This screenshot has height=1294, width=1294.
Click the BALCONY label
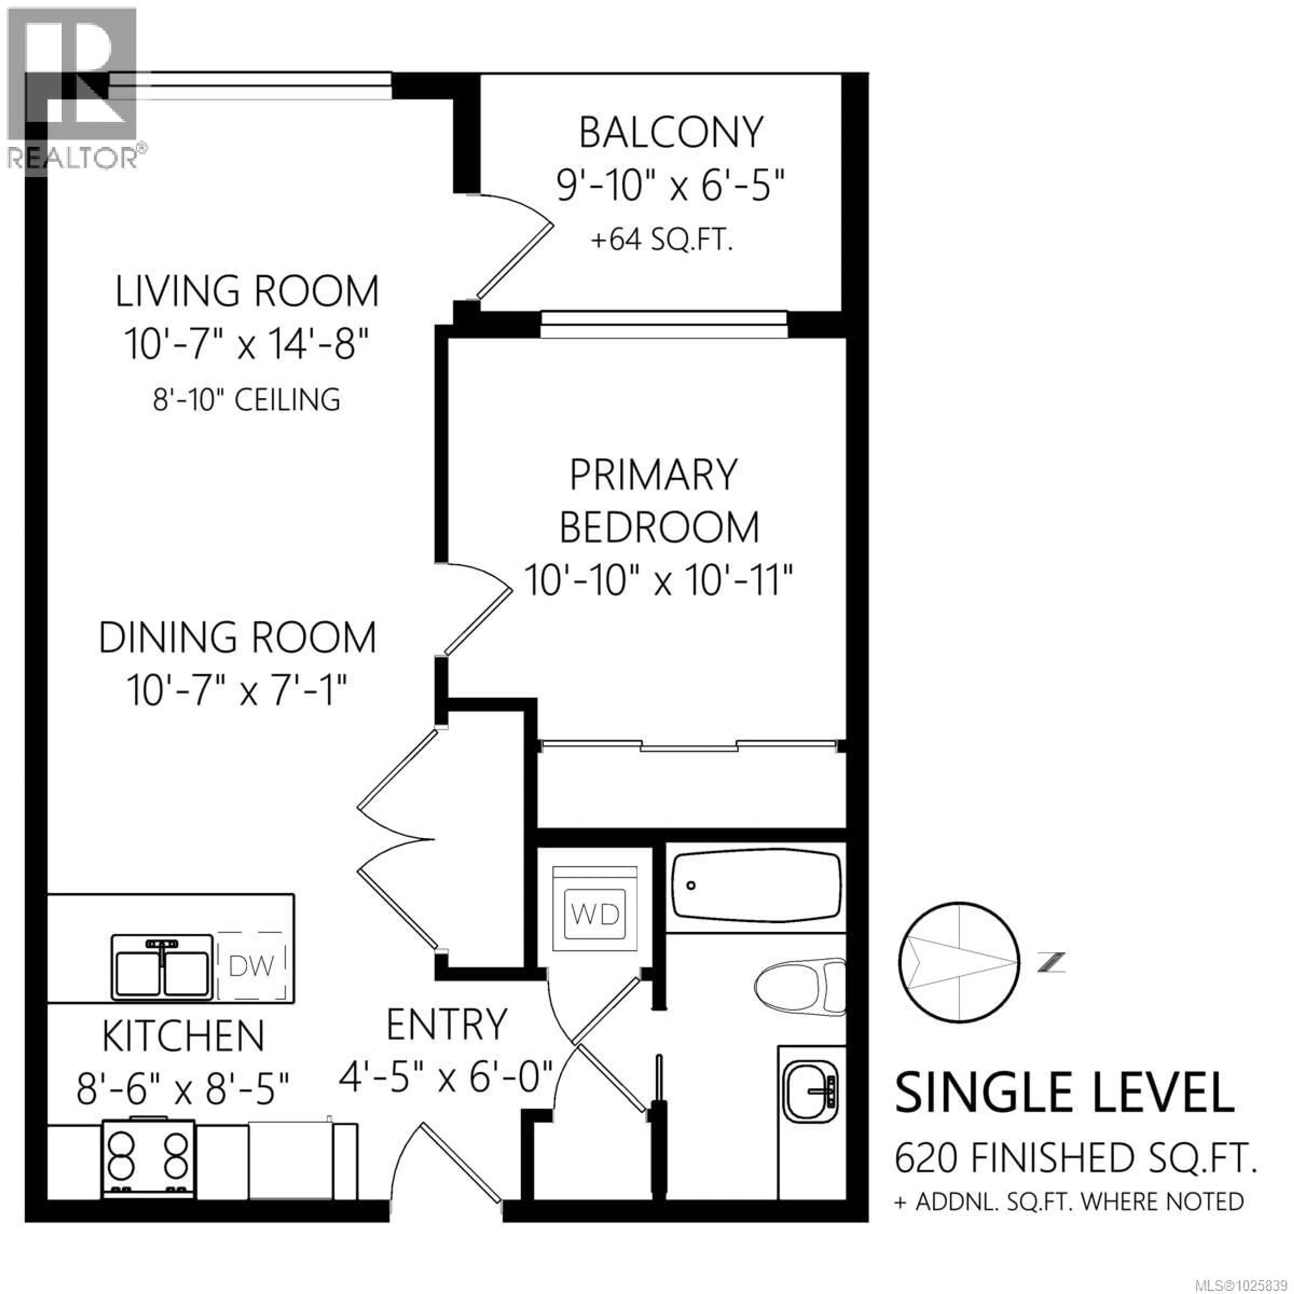[671, 133]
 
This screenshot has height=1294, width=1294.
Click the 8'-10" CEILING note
[246, 400]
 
